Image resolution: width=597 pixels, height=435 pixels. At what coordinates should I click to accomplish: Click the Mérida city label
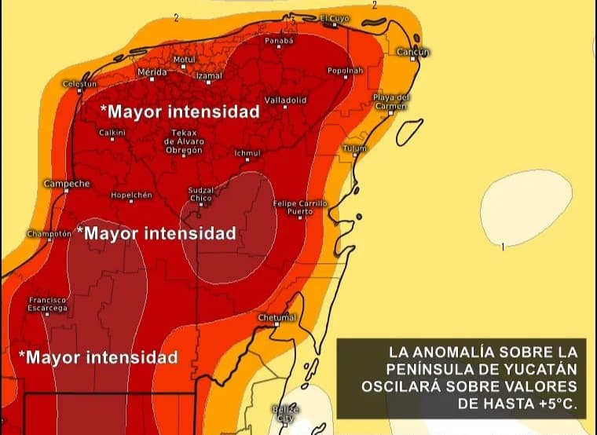click(152, 72)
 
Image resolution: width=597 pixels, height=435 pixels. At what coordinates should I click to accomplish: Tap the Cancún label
click(412, 52)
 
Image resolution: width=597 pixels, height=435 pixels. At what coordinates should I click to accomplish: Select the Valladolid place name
click(285, 101)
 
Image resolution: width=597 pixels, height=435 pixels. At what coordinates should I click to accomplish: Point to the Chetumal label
click(277, 317)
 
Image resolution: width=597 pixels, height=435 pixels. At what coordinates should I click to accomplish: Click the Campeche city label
click(67, 184)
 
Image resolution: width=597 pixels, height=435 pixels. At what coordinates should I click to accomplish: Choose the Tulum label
click(355, 148)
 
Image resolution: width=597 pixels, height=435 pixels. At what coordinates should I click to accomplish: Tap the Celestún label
click(79, 83)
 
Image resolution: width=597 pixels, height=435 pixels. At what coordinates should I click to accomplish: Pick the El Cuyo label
click(335, 17)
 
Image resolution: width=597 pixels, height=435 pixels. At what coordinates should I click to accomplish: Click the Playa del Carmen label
click(391, 101)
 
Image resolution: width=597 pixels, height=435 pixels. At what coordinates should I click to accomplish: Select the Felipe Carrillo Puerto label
click(299, 207)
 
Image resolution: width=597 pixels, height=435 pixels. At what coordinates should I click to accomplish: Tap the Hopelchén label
click(131, 195)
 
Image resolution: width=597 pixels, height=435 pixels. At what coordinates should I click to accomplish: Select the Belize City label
click(283, 413)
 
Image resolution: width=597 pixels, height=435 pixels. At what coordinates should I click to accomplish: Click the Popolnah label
click(346, 71)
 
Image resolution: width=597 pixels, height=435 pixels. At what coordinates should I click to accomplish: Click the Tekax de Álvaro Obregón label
click(184, 141)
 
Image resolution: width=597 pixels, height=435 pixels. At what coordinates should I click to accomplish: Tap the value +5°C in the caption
click(555, 404)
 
